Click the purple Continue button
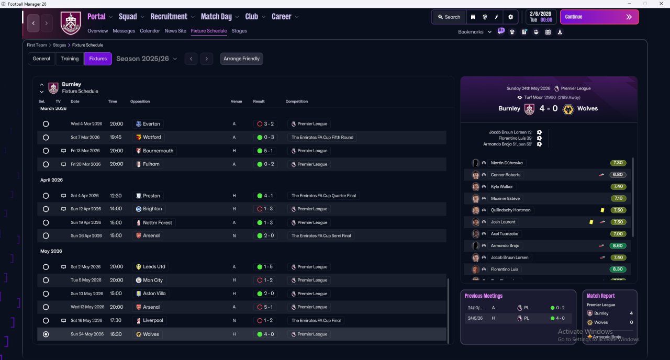pos(599,17)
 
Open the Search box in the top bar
pos(449,17)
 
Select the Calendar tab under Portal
pos(150,31)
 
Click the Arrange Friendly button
pos(241,59)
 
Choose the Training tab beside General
pos(70,59)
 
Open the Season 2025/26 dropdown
pos(147,59)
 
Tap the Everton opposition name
pos(151,124)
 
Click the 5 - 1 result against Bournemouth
pos(269,151)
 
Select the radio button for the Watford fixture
pos(46,138)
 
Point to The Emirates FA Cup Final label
pos(316,321)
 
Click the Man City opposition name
pos(153,280)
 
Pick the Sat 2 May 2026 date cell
pos(85,267)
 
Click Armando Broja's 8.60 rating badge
pos(618,246)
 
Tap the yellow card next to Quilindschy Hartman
pos(602,210)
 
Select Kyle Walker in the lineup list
pos(501,187)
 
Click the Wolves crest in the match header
pos(568,109)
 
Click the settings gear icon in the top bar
pos(510,17)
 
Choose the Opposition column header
pos(140,102)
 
